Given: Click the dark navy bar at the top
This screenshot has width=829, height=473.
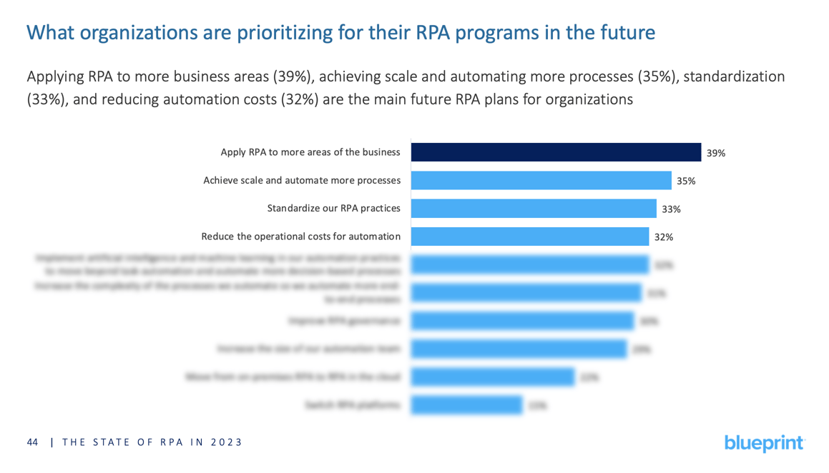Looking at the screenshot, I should [x=556, y=152].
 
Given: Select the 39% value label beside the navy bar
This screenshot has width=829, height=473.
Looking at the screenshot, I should [x=715, y=153].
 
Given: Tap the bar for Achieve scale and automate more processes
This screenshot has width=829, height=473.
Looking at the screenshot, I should [x=541, y=181].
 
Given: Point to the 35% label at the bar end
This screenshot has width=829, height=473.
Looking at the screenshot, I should [x=686, y=181].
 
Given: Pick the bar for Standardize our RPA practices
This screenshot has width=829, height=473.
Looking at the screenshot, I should [x=534, y=209].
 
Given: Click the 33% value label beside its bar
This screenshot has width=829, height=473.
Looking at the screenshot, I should [x=671, y=209].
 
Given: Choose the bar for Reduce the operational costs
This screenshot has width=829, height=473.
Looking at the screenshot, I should [x=530, y=236].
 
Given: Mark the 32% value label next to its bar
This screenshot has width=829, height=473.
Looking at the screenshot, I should [x=663, y=237].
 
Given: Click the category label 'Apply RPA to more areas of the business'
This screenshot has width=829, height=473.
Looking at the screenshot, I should [x=310, y=152].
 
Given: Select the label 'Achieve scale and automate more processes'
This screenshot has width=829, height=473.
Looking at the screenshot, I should [x=302, y=181].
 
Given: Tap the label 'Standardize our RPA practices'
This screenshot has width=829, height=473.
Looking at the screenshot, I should [x=333, y=209].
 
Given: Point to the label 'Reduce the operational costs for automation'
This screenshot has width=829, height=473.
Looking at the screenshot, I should [x=300, y=236].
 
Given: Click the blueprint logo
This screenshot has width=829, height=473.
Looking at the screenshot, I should [x=764, y=442].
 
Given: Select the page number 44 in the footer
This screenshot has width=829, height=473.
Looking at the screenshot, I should [x=32, y=442].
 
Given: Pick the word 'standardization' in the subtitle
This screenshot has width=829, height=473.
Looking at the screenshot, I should [x=733, y=76].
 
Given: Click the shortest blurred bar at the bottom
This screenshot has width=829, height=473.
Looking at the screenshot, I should [x=466, y=405].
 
